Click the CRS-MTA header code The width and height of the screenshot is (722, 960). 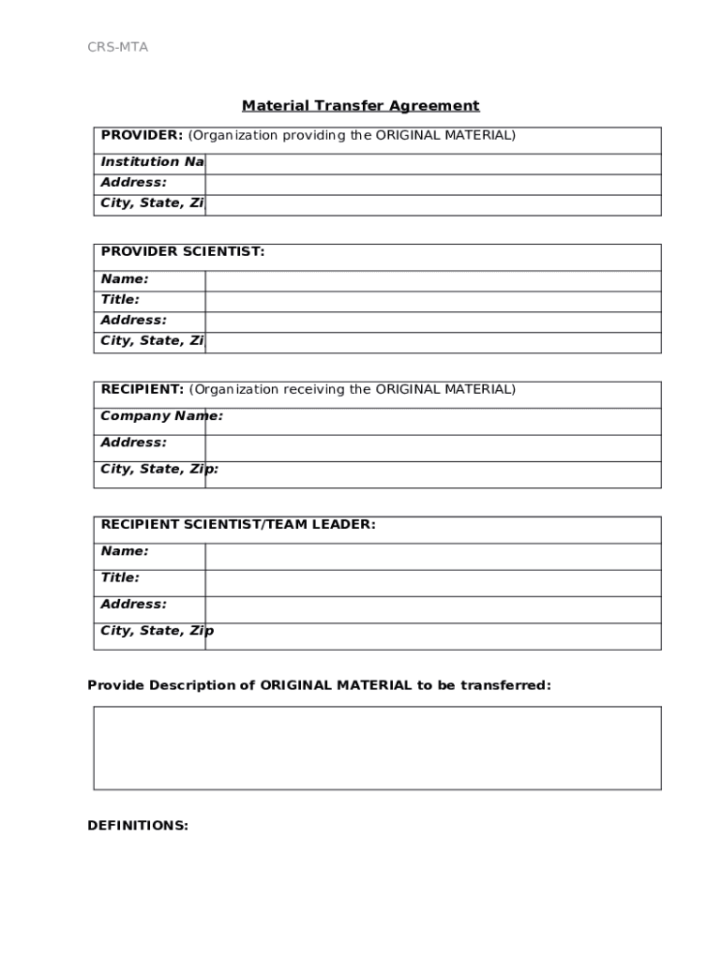(x=117, y=48)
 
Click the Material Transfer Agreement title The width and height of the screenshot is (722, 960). (x=360, y=106)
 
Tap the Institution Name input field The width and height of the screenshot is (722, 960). (x=432, y=163)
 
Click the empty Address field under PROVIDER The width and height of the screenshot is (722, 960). (x=432, y=184)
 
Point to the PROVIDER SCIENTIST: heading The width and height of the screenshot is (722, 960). (x=183, y=251)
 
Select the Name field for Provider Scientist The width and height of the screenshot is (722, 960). (x=432, y=280)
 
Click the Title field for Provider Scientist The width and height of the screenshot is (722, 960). (x=432, y=301)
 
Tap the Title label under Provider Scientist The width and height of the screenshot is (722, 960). (x=120, y=300)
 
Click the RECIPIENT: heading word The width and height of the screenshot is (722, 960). (x=142, y=389)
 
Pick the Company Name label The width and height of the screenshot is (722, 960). (x=161, y=416)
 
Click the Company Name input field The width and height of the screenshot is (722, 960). (x=441, y=421)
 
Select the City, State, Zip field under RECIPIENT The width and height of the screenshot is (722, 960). (x=441, y=474)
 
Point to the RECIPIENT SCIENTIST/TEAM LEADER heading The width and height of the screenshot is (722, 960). (x=238, y=525)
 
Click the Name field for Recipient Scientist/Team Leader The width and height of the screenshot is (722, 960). (x=432, y=556)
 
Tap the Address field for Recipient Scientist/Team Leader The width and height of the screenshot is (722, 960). (x=432, y=609)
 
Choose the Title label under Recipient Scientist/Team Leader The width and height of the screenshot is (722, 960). (x=120, y=577)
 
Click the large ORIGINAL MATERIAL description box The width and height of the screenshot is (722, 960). (x=377, y=747)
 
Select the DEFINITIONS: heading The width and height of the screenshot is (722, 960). (x=138, y=826)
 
